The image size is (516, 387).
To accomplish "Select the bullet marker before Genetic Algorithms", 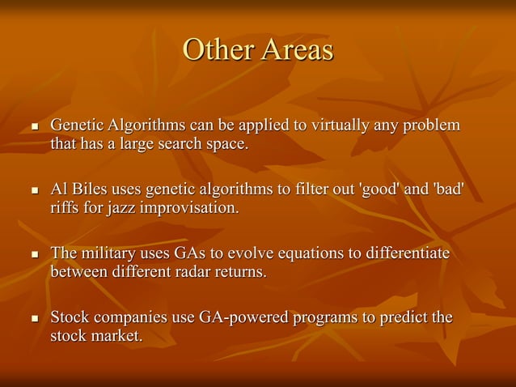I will (33, 128).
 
